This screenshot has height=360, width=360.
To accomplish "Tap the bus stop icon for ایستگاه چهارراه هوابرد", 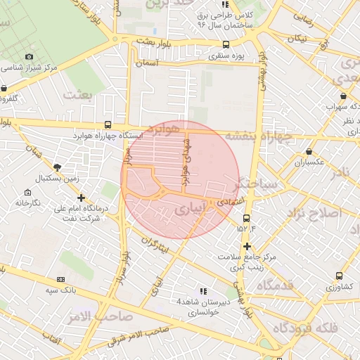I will [x=107, y=122].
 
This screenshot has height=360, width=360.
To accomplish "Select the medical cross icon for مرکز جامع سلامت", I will [x=247, y=246].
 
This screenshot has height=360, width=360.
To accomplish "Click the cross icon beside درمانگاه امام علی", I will [x=82, y=198].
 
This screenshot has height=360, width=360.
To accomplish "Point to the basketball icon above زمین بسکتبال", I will [x=57, y=167].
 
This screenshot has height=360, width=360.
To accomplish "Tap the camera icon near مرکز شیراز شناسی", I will [x=29, y=56].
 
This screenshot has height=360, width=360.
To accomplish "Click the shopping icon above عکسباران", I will [x=309, y=152].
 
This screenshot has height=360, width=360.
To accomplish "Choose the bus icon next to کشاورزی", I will [x=339, y=276].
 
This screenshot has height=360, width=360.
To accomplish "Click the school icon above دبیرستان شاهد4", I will [x=203, y=290].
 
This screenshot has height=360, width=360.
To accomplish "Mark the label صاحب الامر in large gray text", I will [x=99, y=317].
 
